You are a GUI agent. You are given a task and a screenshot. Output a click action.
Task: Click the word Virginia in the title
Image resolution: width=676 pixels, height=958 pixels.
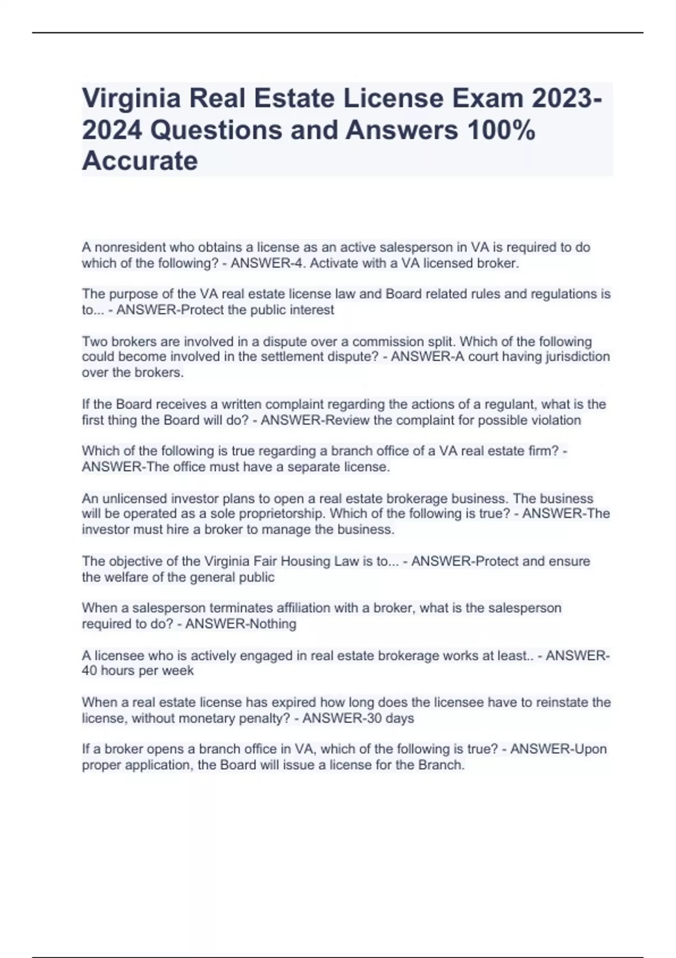(131, 99)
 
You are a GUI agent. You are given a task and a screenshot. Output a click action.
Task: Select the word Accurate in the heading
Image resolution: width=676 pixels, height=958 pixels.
(140, 161)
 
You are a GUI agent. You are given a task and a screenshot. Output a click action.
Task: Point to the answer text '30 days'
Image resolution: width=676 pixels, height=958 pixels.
(389, 718)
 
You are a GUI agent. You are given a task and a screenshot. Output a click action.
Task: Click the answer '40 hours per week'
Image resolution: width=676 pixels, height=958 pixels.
(138, 671)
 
